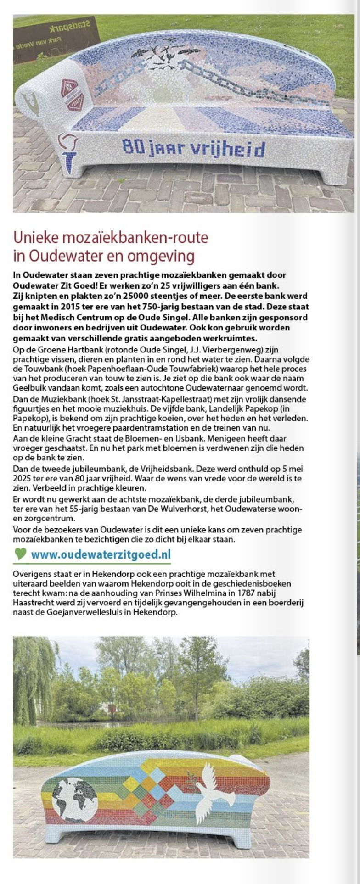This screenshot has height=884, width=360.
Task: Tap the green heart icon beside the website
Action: click(20, 554)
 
